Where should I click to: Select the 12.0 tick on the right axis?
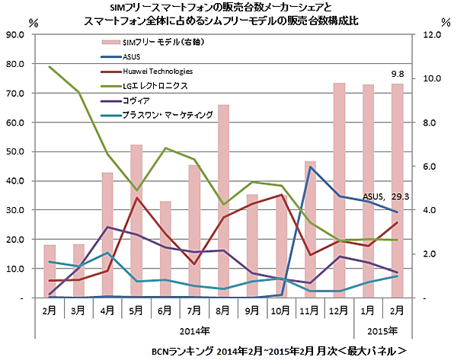[x=432, y=35]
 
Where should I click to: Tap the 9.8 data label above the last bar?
[x=398, y=74]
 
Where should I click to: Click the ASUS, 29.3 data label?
[x=386, y=196]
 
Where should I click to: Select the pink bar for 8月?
[x=224, y=202]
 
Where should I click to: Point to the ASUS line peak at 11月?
[x=311, y=167]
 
